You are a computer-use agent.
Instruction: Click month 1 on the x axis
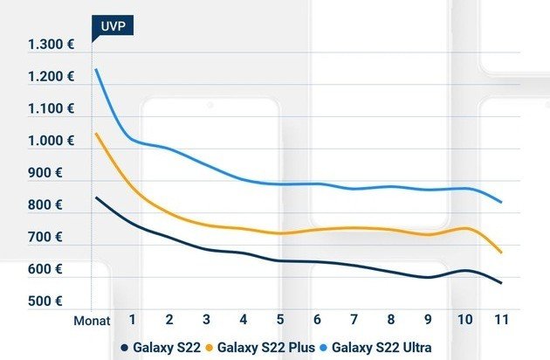pyautogui.click(x=132, y=320)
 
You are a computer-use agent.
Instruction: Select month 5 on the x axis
pyautogui.click(x=280, y=320)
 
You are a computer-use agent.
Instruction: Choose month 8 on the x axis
pyautogui.click(x=391, y=320)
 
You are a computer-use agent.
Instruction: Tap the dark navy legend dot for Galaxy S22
pyautogui.click(x=125, y=348)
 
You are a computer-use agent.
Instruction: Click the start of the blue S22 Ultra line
pyautogui.click(x=95, y=69)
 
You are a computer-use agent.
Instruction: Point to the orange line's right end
pyautogui.click(x=501, y=252)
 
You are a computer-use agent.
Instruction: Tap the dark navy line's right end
pyautogui.click(x=501, y=283)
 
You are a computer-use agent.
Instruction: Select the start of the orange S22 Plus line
pyautogui.click(x=95, y=134)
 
